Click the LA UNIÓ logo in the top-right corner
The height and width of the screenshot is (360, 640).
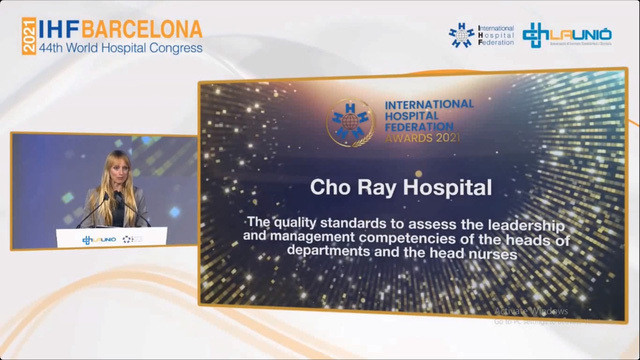coord(567,34)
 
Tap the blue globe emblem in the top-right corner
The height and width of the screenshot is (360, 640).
coord(462,35)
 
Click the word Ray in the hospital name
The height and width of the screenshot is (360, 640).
coord(384,187)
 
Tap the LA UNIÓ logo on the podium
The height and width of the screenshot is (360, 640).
coord(99,239)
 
